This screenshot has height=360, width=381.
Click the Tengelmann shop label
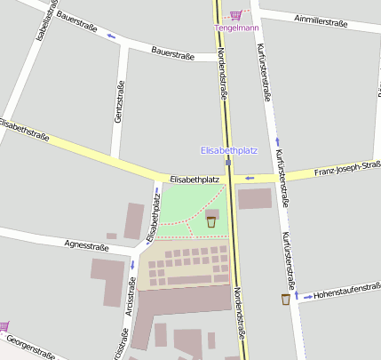(x=235, y=27)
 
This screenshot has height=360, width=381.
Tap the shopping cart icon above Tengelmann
(x=235, y=14)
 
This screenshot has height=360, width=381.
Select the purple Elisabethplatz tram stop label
(x=229, y=150)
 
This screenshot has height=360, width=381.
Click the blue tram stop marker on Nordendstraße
(x=228, y=163)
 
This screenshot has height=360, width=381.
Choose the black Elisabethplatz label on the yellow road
(x=194, y=180)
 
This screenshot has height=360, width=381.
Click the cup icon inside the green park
(x=211, y=221)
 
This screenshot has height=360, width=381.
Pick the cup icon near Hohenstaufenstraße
(x=285, y=299)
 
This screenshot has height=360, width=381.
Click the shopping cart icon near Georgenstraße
(x=4, y=326)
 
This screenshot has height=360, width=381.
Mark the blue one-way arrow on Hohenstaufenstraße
(x=307, y=295)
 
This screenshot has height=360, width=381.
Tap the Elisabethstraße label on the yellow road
(x=24, y=130)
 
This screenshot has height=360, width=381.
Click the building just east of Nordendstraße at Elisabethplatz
(x=254, y=198)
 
